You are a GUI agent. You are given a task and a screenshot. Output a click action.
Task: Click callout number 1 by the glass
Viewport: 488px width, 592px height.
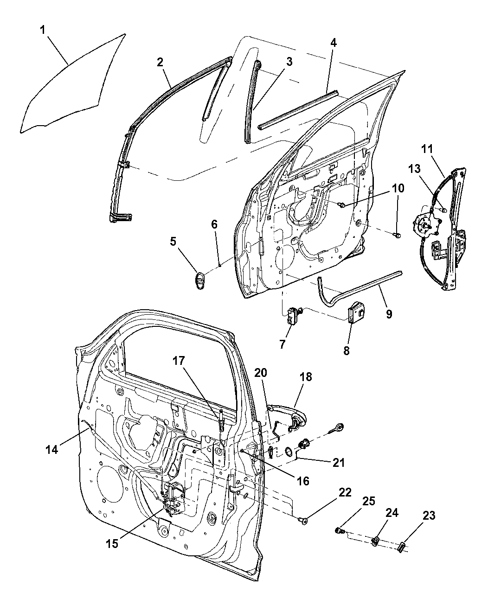point(42,31)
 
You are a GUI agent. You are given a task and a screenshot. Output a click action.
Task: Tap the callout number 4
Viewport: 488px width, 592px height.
point(334,43)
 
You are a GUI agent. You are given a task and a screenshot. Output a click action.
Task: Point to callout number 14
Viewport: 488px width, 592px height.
point(51,449)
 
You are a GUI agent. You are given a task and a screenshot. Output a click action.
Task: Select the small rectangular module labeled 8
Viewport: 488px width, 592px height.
point(357,311)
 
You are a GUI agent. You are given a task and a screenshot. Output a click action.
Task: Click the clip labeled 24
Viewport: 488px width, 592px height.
point(377,541)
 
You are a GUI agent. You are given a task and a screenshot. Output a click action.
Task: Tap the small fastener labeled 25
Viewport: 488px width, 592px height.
point(340,530)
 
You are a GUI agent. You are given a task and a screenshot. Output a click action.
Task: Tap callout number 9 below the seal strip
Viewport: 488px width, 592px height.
point(388,314)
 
